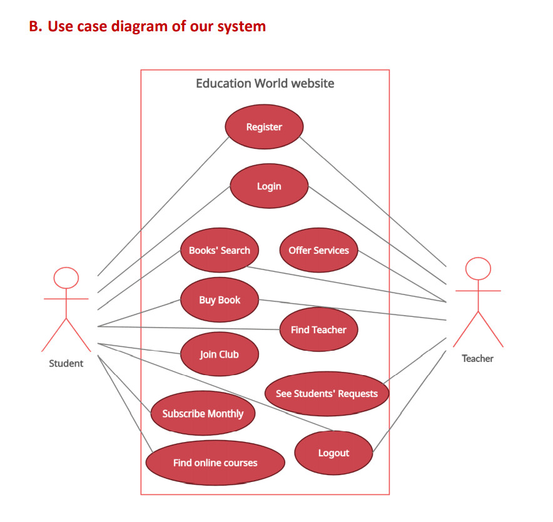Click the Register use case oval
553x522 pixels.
tap(264, 127)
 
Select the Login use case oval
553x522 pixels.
tap(269, 186)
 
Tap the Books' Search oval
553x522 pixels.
tap(219, 250)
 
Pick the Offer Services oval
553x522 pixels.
tap(318, 250)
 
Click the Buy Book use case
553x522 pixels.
tap(220, 300)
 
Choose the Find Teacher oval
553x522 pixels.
tap(318, 329)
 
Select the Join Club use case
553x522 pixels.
tap(219, 354)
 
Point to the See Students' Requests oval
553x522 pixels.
tap(327, 394)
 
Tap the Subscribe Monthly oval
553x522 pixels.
tap(203, 413)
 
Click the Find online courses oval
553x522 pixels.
tap(215, 463)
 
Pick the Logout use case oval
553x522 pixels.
tap(333, 453)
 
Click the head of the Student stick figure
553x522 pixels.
tap(66, 278)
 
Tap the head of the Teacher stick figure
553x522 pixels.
tap(478, 269)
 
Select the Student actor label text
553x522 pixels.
tap(66, 363)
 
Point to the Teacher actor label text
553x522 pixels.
tap(477, 358)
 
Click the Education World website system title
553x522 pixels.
tap(265, 83)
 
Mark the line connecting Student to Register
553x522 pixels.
tap(164, 206)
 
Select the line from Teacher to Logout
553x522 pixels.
tap(410, 400)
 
